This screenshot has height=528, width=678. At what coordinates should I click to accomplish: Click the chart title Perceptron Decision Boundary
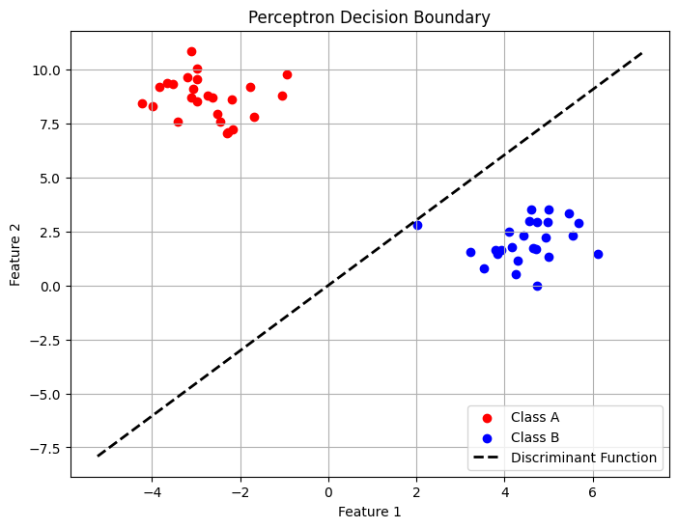coord(370,17)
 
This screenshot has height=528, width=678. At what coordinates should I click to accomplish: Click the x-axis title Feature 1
coord(370,512)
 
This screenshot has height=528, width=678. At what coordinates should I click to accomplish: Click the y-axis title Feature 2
coord(15,253)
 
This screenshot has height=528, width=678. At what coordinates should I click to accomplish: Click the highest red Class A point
coord(191,51)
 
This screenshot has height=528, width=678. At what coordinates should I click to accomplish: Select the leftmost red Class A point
coord(142,103)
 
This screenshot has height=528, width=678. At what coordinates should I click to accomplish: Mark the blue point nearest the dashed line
coord(417,225)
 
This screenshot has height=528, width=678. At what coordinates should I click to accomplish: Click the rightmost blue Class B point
coord(598,254)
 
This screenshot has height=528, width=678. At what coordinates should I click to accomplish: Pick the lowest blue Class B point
coord(537,286)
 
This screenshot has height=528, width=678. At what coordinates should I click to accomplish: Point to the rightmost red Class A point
coord(287,74)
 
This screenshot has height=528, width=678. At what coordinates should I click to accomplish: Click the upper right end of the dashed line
coord(641,52)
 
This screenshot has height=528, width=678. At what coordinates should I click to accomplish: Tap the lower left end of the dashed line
coord(98,456)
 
